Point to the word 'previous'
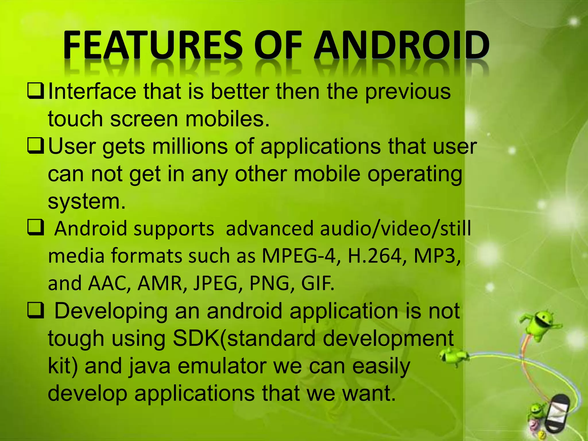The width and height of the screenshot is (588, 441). pos(408,92)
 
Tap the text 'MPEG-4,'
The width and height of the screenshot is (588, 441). pos(299,256)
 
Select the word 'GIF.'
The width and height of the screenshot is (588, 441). pos(318,283)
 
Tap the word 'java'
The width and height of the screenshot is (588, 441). pos(149,367)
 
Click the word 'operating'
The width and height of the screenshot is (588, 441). pos(415,175)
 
